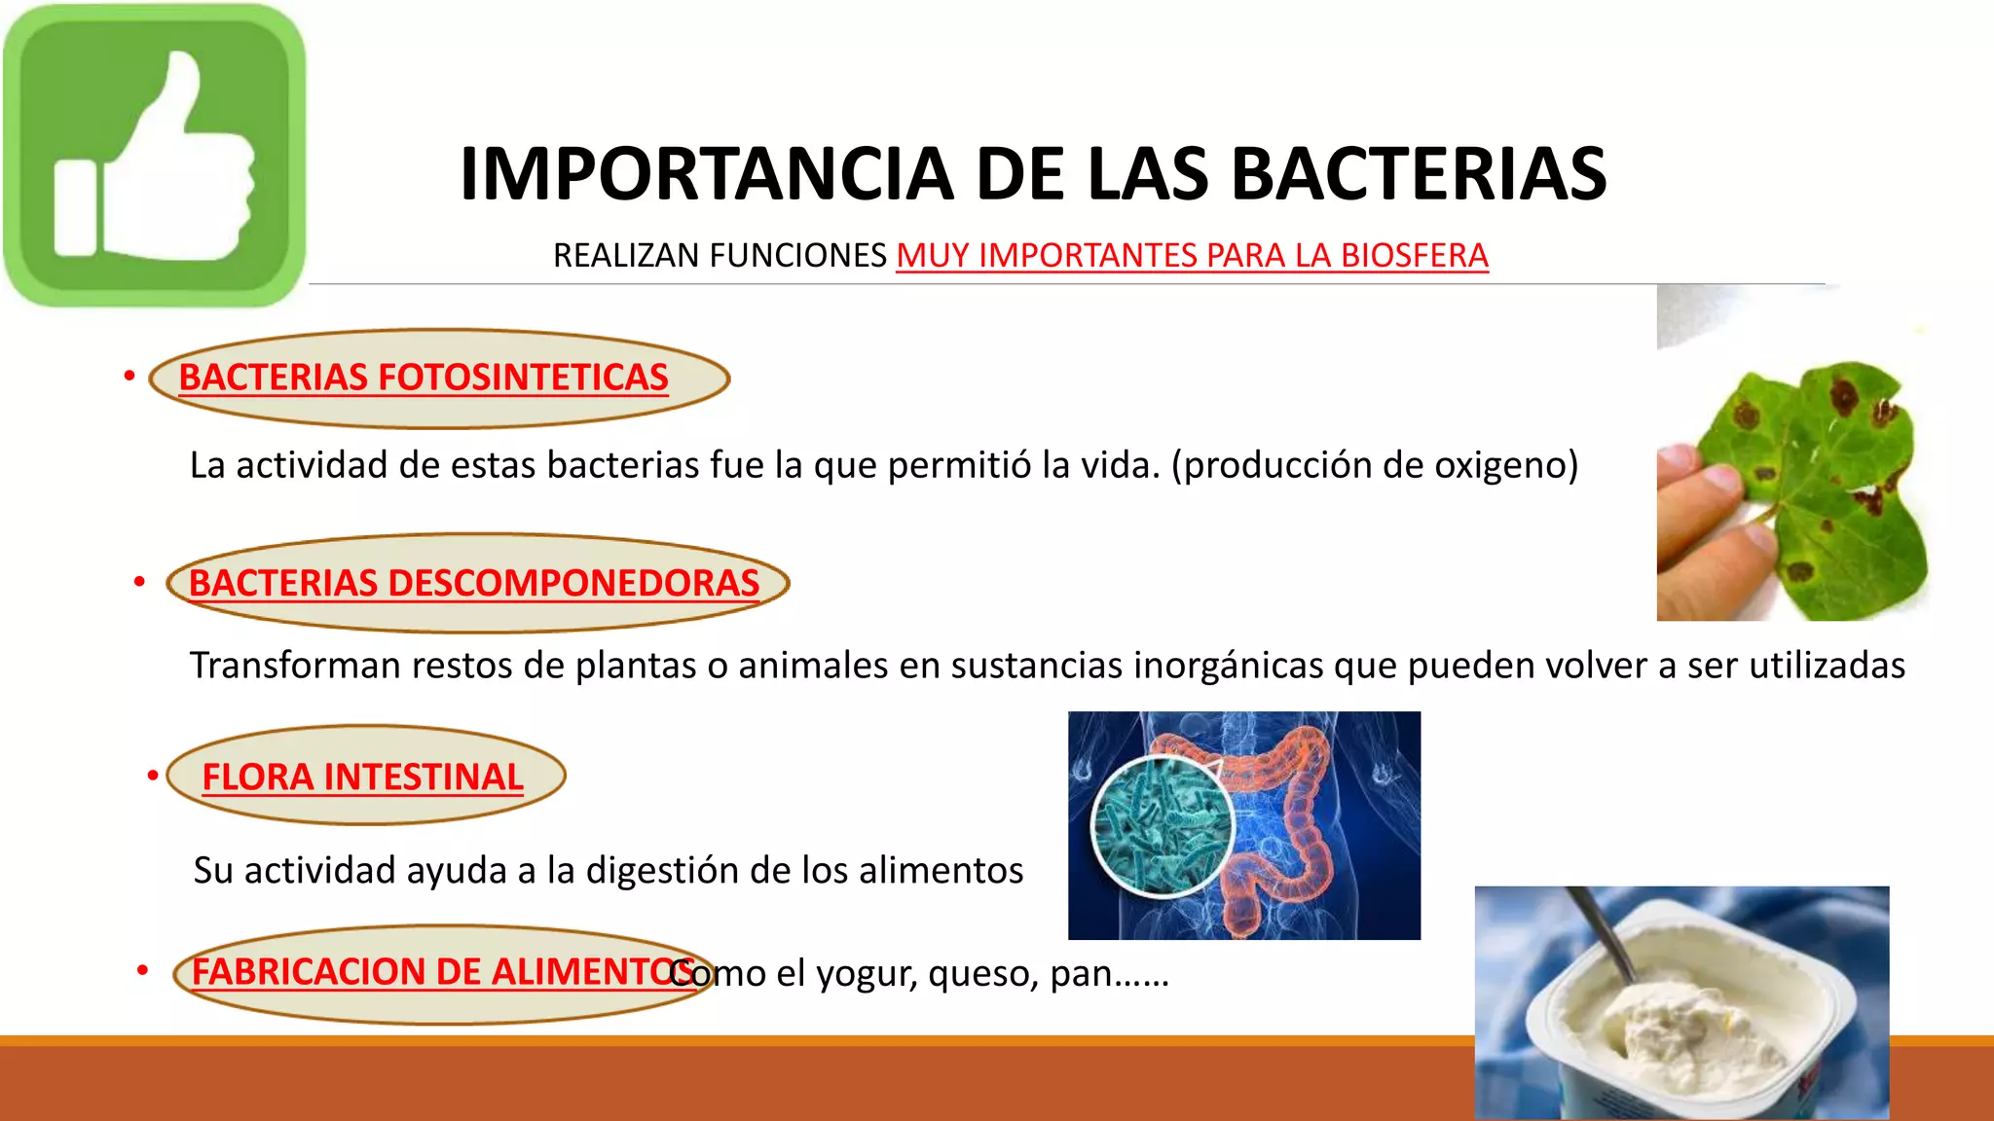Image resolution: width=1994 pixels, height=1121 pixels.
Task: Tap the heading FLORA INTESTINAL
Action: (x=362, y=777)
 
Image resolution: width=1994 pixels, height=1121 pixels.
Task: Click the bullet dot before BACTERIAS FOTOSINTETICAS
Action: (x=129, y=376)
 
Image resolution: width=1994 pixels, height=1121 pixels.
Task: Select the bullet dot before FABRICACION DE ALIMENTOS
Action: (x=142, y=970)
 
